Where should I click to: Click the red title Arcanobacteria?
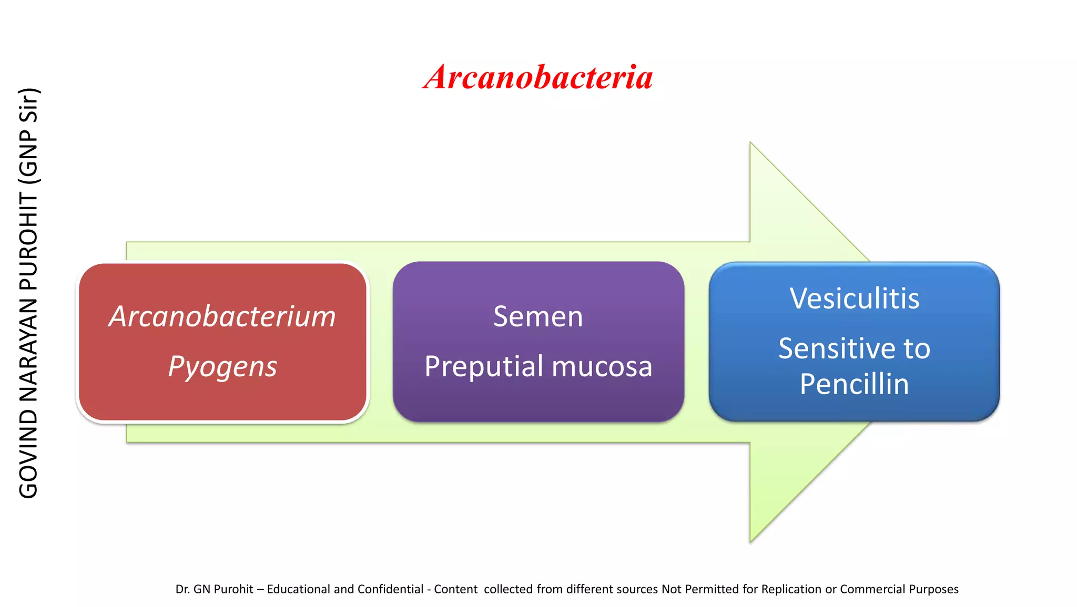coord(538,77)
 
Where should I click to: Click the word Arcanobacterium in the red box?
coord(222,316)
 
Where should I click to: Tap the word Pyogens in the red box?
coord(222,366)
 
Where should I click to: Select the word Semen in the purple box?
coord(538,316)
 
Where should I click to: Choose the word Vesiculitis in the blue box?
coord(854,299)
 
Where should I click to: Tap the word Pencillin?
coord(854,384)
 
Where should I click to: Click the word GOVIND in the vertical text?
coord(28,454)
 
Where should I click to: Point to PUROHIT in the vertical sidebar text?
coord(28,241)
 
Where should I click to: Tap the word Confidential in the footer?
coord(391,589)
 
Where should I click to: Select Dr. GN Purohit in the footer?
coord(214,589)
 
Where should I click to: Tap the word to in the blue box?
coord(917,348)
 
